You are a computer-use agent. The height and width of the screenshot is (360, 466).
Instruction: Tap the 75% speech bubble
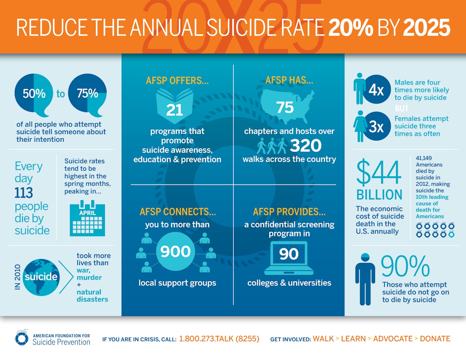coord(87,94)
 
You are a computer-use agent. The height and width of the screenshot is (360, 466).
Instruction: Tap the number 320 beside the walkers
coord(306,146)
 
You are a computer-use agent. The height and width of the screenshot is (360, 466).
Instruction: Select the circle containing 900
coord(176,252)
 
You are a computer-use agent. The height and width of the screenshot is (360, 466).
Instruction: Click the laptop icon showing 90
coord(289,258)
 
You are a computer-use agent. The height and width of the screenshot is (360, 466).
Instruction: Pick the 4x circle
coord(376,90)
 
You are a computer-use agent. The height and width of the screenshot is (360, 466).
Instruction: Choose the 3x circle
coord(376,127)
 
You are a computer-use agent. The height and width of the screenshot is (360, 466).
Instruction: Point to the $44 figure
coord(379,172)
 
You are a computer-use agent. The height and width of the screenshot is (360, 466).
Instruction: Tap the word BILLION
coord(379,195)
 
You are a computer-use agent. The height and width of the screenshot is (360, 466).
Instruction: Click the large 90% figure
coord(405,266)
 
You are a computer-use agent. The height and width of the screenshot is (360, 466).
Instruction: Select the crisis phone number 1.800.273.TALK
coord(219,339)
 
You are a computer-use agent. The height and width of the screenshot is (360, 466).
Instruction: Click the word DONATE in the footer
coord(435,339)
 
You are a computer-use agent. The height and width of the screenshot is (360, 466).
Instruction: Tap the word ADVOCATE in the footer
coord(393,339)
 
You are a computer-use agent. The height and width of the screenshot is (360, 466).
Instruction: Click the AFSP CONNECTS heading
coord(177,212)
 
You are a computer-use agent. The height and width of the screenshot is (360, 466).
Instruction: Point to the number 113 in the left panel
coord(24,192)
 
